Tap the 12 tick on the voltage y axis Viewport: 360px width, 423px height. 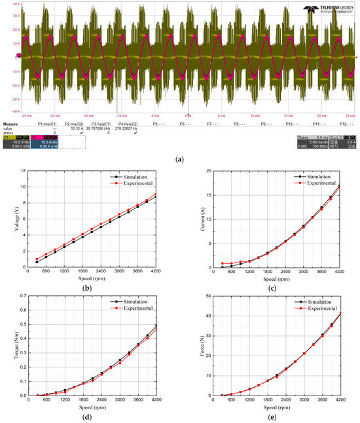pos(22,171)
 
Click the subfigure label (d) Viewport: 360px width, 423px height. pos(89,417)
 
